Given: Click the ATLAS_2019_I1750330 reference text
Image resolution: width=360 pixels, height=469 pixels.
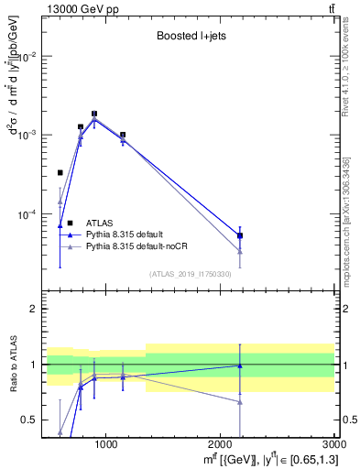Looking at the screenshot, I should coord(190,274).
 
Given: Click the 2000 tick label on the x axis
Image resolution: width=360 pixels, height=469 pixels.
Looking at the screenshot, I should coord(221,444).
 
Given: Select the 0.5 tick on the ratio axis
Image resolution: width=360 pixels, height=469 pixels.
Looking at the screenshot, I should coord(31,420).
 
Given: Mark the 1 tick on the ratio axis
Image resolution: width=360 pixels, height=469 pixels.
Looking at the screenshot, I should coord(35,365).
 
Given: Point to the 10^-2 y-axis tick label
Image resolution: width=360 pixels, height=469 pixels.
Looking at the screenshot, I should coord(27,56).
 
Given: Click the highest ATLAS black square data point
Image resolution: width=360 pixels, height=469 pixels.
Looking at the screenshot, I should coord(94,114).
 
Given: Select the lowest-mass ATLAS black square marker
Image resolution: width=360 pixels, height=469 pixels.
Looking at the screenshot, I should coord(60,172).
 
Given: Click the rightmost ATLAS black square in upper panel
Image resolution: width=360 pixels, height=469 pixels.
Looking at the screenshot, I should coord(240,235).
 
